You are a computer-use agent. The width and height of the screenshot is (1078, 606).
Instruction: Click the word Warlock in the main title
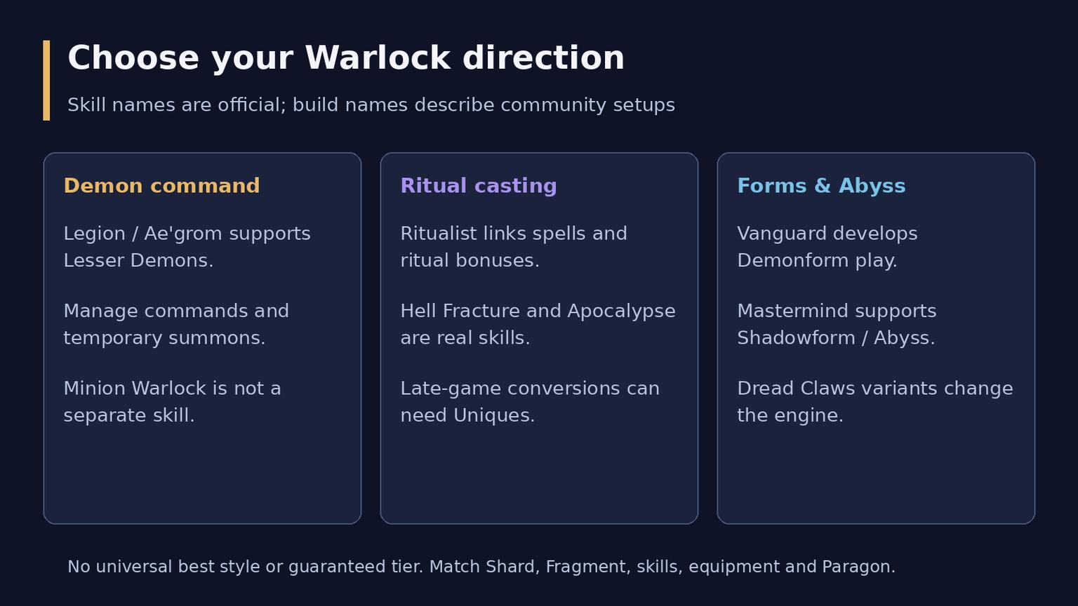(378, 58)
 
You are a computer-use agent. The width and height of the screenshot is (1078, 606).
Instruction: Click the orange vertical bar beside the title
(46, 81)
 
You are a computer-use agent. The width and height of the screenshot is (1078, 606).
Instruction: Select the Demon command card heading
(161, 186)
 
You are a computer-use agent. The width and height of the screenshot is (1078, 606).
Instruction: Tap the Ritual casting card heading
(479, 187)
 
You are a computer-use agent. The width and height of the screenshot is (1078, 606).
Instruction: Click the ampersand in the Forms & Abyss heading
(823, 186)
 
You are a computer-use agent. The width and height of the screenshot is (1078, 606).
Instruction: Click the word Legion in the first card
(94, 234)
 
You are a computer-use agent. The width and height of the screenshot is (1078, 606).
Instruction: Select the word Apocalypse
(621, 311)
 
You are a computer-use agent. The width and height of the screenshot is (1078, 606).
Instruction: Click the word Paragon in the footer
(858, 567)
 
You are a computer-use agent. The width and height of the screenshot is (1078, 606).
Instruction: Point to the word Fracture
(481, 311)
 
